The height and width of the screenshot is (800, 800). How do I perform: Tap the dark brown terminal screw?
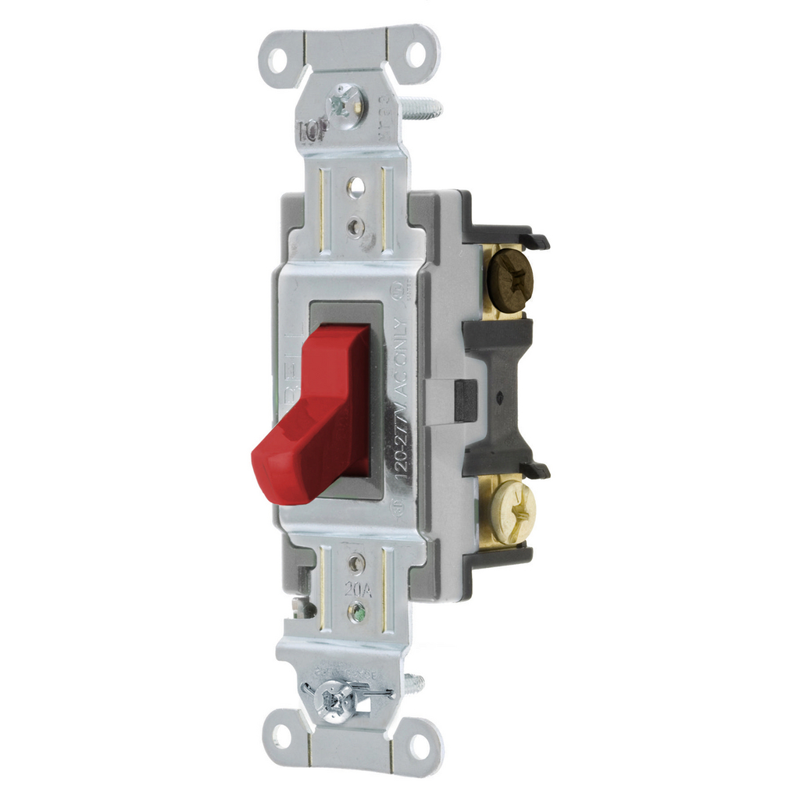pos(510,280)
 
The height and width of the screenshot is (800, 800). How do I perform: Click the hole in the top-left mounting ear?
pos(278,59)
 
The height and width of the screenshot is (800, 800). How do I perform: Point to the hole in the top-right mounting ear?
pos(416,55)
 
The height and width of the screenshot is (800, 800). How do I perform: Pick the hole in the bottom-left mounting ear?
pos(280,735)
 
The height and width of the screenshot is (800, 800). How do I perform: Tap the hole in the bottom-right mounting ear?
pos(420,746)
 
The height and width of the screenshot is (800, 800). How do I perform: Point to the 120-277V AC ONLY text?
pos(399,398)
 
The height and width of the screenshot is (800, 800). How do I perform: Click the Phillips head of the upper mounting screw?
pos(345,102)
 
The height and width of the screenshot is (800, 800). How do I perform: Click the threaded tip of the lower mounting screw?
pos(416,684)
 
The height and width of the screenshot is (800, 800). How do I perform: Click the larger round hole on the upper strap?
pos(355,187)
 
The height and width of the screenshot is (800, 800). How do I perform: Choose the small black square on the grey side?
pos(465,400)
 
